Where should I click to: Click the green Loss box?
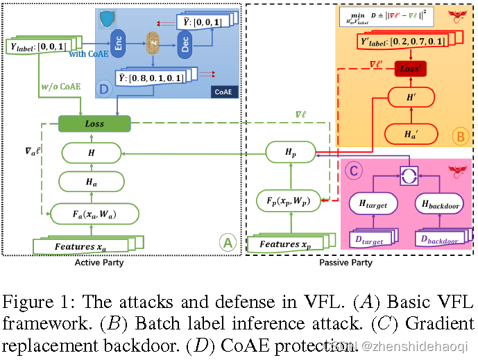(94, 124)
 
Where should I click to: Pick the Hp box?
(289, 152)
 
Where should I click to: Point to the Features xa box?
(81, 246)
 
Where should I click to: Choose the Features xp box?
(287, 245)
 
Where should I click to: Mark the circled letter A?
(227, 242)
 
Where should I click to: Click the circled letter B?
(459, 137)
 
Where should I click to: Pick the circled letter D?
(105, 89)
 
